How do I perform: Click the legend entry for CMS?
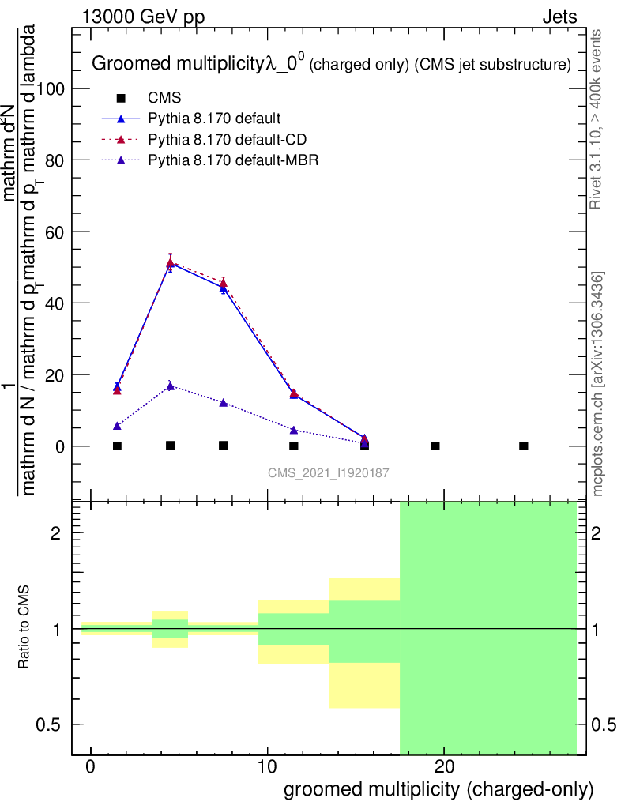[x=165, y=99]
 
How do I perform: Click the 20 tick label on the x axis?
[x=444, y=767]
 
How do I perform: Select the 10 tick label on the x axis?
[x=267, y=767]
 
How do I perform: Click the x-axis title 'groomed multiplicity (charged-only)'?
[x=438, y=789]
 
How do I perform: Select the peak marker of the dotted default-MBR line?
[x=171, y=386]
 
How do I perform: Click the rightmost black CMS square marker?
[x=523, y=446]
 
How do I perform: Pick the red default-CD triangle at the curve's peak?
[x=171, y=262]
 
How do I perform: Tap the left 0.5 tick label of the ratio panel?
[x=51, y=724]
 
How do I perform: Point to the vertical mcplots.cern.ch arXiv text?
[x=598, y=384]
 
